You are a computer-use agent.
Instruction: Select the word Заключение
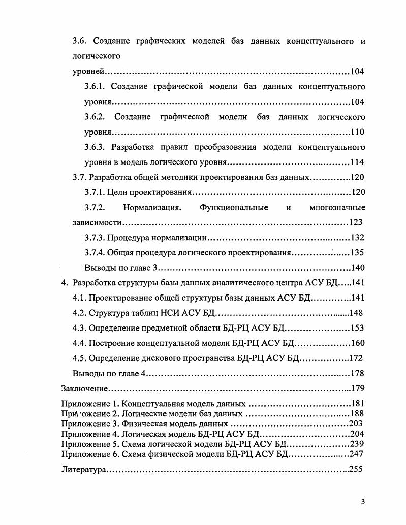[x=84, y=389]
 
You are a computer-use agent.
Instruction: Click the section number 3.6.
[x=79, y=41]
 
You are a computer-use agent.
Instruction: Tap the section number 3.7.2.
[x=95, y=208]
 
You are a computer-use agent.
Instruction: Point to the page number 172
[x=356, y=358]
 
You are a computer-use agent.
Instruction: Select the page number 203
[x=356, y=423]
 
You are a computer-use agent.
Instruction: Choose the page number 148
[x=355, y=313]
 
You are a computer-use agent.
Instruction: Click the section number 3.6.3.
[x=95, y=147]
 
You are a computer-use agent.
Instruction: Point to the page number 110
[x=358, y=132]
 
